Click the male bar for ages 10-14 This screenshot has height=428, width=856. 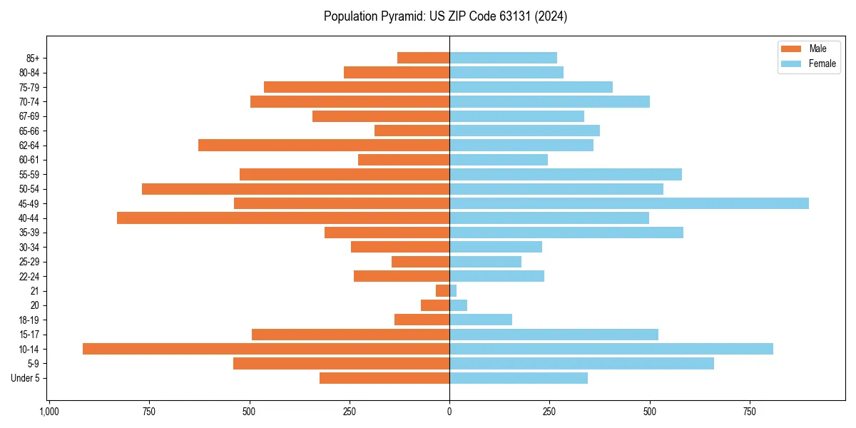coord(266,349)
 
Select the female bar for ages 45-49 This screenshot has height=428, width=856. coord(628,203)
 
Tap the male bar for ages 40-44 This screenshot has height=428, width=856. coord(283,218)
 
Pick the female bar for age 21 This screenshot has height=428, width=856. coord(453,290)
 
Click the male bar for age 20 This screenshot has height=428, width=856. coord(435,305)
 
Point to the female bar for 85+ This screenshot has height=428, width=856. coord(503,58)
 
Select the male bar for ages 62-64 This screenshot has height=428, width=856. coord(324,145)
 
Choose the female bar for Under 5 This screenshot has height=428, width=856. coord(519,378)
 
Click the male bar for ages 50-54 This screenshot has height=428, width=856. coord(295,189)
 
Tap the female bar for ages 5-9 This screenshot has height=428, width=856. coord(581,363)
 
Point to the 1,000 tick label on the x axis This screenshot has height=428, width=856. coord(49,412)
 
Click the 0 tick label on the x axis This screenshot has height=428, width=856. coord(449,412)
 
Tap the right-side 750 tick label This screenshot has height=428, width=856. coord(749,412)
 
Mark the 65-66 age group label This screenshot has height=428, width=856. coord(29,131)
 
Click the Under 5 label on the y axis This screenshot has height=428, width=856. coord(26,378)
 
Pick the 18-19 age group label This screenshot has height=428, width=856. coord(29,320)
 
